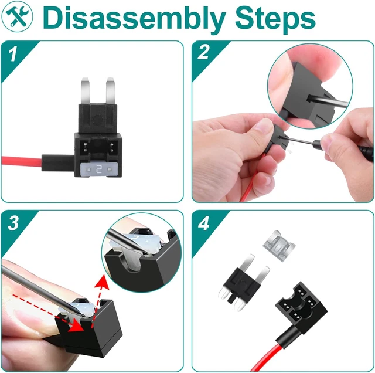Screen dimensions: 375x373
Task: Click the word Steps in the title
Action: [275, 19]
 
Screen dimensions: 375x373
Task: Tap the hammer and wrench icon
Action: [17, 17]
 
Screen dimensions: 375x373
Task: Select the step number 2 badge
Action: [204, 53]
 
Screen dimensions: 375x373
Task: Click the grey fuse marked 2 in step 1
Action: [98, 170]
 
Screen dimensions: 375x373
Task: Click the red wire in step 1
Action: [22, 161]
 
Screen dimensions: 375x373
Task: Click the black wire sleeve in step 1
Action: [58, 163]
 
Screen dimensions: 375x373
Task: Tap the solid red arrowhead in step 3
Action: [76, 325]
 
